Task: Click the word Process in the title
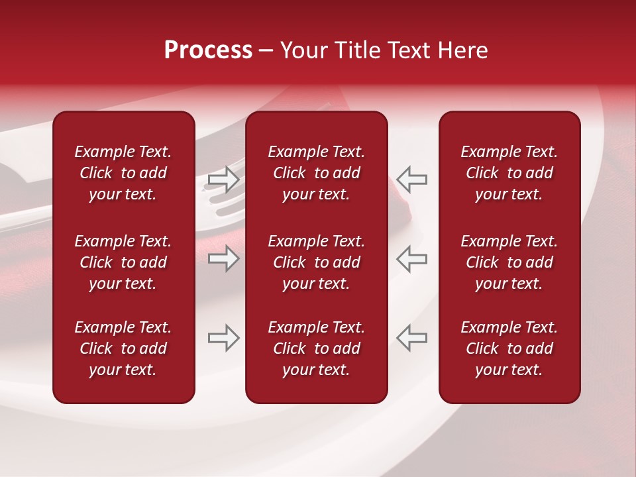(x=208, y=50)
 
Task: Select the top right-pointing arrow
(x=224, y=180)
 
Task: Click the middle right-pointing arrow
(x=224, y=258)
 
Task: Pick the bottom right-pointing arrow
(x=224, y=338)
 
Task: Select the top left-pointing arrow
(x=411, y=180)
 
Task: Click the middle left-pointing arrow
(x=411, y=258)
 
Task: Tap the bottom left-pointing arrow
(x=411, y=338)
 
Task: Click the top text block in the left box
(x=123, y=173)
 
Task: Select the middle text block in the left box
(x=123, y=262)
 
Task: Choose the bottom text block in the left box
(x=123, y=348)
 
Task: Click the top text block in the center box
(x=316, y=173)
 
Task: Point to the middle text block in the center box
(x=316, y=262)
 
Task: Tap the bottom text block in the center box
(x=316, y=348)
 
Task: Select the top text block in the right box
(x=509, y=173)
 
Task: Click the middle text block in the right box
(x=509, y=262)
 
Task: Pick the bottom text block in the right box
(x=509, y=348)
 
